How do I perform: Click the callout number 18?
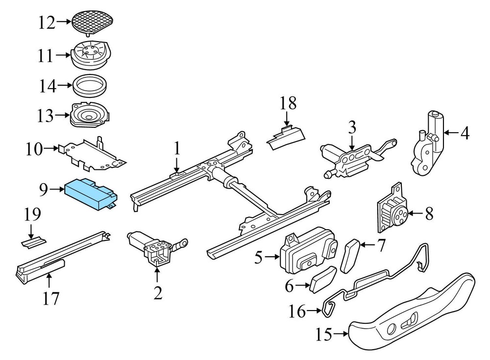(288, 103)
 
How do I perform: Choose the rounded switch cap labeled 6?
(323, 280)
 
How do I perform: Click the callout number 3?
(351, 129)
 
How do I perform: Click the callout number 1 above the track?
(176, 147)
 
